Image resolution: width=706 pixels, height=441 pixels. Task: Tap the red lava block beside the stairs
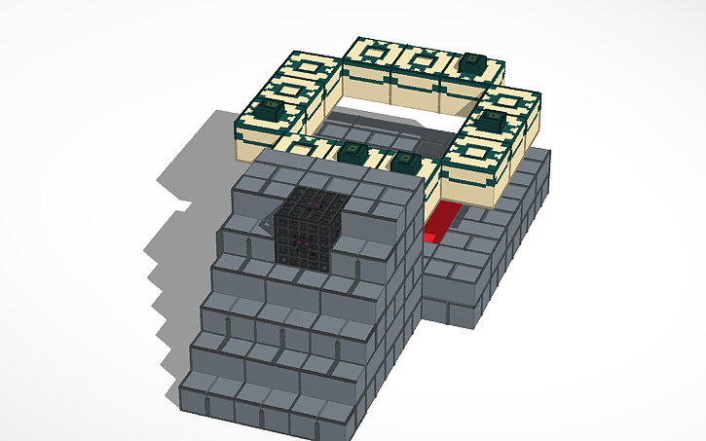click(x=444, y=222)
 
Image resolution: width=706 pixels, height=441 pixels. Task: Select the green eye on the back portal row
click(x=474, y=62)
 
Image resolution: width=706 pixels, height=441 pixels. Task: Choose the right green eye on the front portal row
click(x=407, y=161)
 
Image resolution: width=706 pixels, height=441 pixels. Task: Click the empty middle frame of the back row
click(x=420, y=59)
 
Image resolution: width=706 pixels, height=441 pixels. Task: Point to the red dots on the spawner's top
click(x=311, y=205)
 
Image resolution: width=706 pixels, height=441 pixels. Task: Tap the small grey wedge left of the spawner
click(x=266, y=226)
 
